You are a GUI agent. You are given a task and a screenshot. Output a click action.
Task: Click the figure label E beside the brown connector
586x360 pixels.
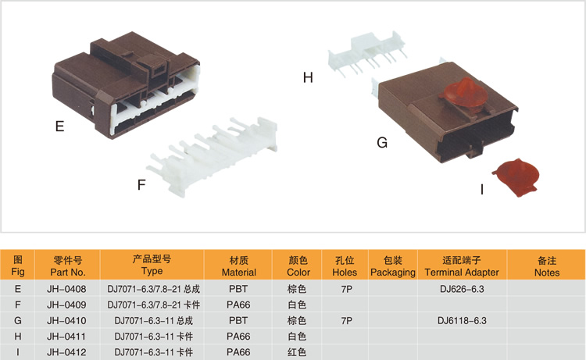(x=59, y=126)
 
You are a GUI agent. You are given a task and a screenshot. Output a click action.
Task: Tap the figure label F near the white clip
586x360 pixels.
(x=141, y=185)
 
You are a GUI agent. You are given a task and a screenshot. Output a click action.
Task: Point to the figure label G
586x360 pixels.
(x=382, y=143)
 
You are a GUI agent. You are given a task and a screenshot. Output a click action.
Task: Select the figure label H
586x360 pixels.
(x=308, y=77)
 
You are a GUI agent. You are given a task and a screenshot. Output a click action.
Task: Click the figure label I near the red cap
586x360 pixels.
(x=481, y=188)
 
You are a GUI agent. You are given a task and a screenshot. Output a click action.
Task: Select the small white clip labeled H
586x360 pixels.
(x=370, y=52)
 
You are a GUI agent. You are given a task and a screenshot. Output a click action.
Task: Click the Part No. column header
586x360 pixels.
(x=67, y=266)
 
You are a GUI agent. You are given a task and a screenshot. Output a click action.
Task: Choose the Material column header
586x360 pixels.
(x=238, y=266)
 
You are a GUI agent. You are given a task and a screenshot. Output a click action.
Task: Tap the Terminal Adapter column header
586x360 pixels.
(x=462, y=266)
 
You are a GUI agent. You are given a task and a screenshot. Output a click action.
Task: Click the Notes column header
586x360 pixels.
(x=547, y=266)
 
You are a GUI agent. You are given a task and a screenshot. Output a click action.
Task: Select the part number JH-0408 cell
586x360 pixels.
(x=67, y=289)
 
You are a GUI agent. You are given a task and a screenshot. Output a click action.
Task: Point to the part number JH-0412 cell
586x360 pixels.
(x=67, y=352)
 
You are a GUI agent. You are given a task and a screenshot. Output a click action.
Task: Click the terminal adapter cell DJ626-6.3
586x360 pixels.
(x=462, y=289)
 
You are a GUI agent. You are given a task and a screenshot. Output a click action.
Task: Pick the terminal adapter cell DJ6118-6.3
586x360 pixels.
(x=462, y=321)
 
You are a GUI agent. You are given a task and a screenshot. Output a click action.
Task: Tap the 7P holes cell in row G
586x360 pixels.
(x=346, y=321)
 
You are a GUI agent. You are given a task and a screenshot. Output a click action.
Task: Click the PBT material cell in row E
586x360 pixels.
(x=238, y=289)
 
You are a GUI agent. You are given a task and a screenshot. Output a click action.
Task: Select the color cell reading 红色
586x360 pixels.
(x=297, y=352)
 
